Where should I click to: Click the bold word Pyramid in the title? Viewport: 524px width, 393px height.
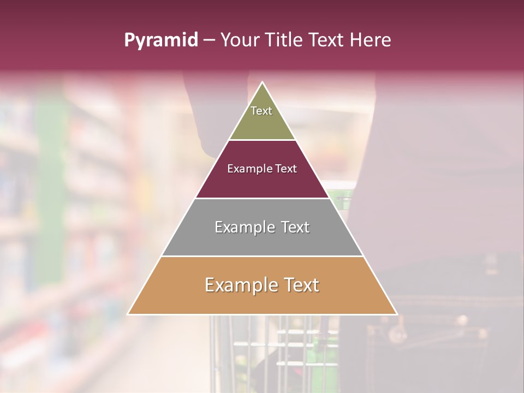161,40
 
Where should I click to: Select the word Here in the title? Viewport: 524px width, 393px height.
371,40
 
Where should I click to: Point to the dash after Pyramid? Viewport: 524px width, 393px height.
209,40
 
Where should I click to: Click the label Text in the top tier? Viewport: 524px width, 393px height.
261,111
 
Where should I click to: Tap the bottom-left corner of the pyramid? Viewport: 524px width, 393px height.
128,314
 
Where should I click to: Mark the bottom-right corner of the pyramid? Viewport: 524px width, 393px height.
397,314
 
